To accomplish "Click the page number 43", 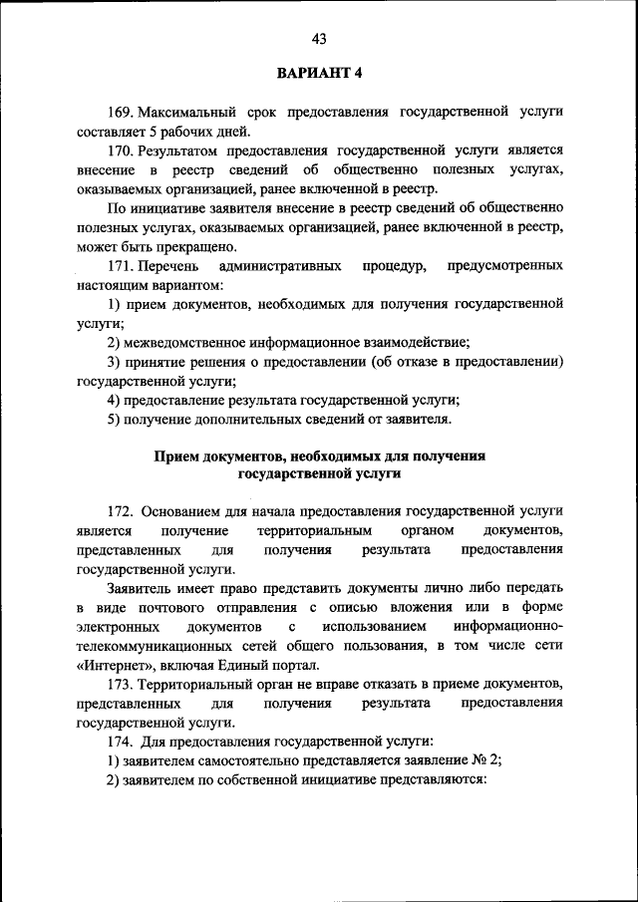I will (319, 39).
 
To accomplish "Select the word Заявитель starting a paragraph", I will (142, 589).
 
